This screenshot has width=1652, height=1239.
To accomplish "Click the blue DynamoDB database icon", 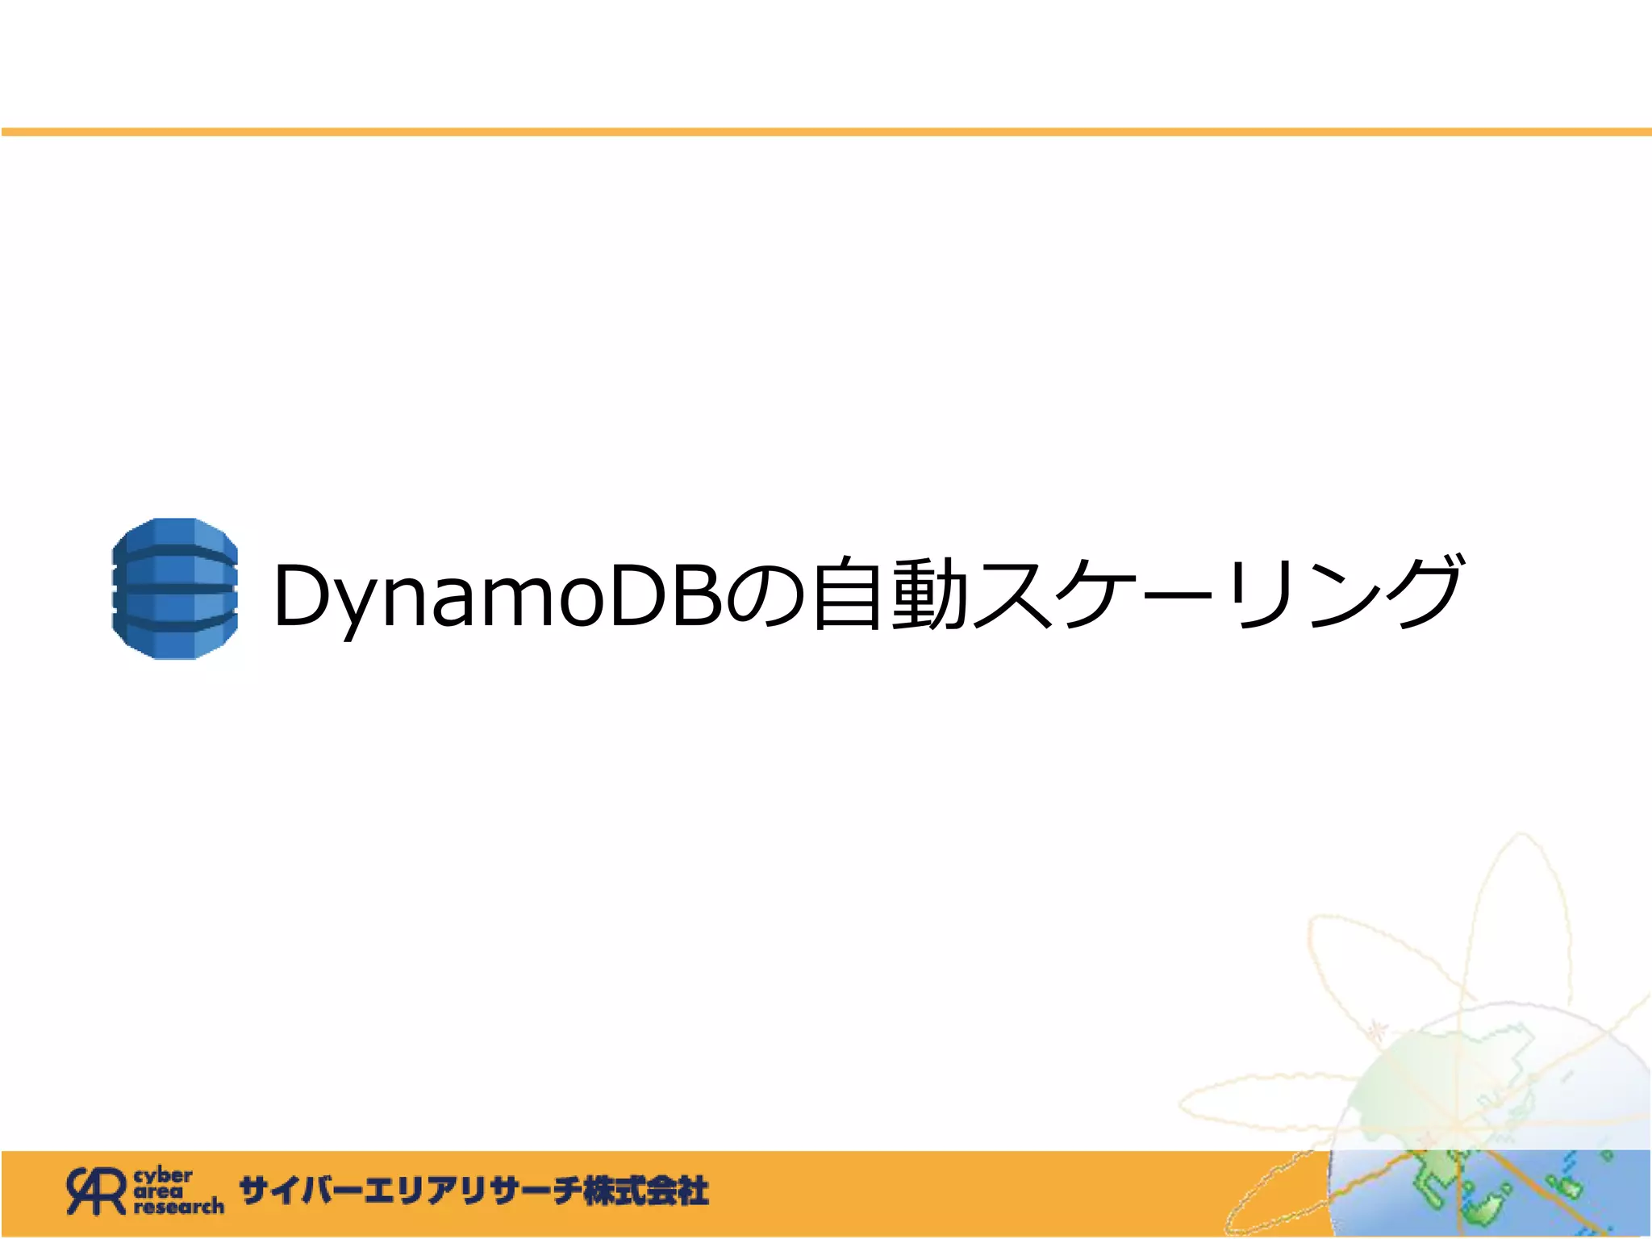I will tap(175, 589).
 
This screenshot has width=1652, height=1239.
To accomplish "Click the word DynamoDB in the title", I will tap(499, 595).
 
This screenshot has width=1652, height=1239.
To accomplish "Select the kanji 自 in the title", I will tap(847, 594).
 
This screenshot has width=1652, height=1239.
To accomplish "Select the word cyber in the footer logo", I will tap(163, 1175).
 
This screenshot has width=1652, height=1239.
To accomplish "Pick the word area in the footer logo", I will tap(158, 1191).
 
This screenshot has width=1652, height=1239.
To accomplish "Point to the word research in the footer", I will tap(179, 1207).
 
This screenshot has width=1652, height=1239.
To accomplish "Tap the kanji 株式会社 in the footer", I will tap(645, 1191).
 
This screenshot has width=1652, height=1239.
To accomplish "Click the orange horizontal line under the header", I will tap(826, 131).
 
